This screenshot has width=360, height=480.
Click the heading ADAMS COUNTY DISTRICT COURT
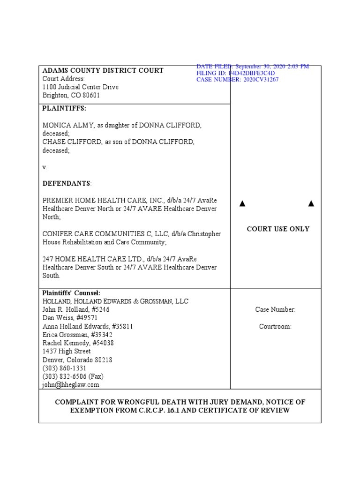(103, 70)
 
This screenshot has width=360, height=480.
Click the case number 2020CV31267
(260, 80)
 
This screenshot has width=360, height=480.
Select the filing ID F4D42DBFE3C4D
(251, 73)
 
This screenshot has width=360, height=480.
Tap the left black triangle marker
(242, 203)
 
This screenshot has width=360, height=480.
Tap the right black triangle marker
(311, 203)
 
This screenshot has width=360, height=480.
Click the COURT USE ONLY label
(278, 229)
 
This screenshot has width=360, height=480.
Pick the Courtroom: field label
(275, 326)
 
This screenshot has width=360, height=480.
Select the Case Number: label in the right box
(275, 309)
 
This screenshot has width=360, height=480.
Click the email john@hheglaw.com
(71, 384)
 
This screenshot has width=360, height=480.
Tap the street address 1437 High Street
(67, 351)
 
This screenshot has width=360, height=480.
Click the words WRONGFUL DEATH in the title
(142, 402)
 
